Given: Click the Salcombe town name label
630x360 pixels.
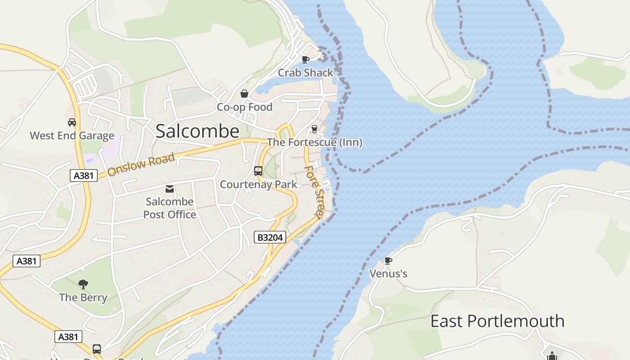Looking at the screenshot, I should click(197, 131).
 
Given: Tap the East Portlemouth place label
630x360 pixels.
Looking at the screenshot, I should click(497, 321).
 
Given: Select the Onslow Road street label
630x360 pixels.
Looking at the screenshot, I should click(141, 165).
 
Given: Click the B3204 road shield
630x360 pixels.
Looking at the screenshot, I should click(270, 237).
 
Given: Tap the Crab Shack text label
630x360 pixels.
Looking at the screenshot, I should click(306, 72).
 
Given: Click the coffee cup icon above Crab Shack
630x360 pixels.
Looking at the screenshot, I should click(306, 59).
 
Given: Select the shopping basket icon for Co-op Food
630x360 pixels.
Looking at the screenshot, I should click(244, 94).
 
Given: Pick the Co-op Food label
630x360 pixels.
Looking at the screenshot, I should click(244, 107).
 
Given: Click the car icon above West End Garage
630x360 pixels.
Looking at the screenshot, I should click(72, 122).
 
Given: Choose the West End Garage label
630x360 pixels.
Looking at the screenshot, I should click(72, 135).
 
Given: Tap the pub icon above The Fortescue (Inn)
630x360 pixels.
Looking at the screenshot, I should click(315, 129).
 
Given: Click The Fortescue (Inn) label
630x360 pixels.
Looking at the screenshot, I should click(315, 142).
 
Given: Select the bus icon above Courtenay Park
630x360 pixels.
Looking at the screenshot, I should click(258, 171).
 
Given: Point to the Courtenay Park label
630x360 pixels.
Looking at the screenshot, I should click(258, 184).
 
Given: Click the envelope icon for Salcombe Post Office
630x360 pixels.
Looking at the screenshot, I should click(170, 189).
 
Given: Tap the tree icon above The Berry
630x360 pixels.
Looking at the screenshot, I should click(83, 284).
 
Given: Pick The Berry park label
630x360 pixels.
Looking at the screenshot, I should click(83, 297).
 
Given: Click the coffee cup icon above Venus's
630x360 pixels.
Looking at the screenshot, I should click(388, 260).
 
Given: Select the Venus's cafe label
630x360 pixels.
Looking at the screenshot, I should click(388, 274).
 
